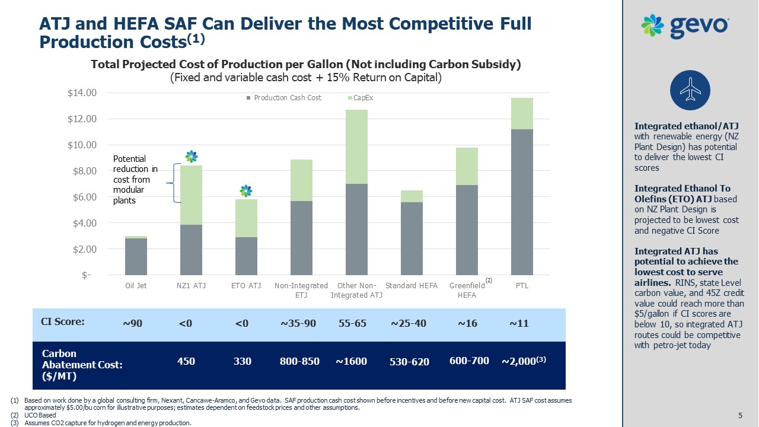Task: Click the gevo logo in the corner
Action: tap(685, 26)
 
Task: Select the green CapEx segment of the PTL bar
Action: tap(522, 113)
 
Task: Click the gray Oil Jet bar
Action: tap(136, 256)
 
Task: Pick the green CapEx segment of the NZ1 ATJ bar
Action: tap(191, 195)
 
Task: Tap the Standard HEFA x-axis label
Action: tap(412, 286)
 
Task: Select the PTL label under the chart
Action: tap(522, 286)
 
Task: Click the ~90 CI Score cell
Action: tap(132, 323)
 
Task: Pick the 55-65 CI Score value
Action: tap(353, 323)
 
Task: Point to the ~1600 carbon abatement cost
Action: tap(352, 361)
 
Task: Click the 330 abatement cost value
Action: tap(243, 361)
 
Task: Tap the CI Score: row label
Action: tap(62, 322)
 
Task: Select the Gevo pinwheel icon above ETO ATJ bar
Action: tap(245, 191)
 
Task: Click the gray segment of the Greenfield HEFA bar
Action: tap(467, 230)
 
